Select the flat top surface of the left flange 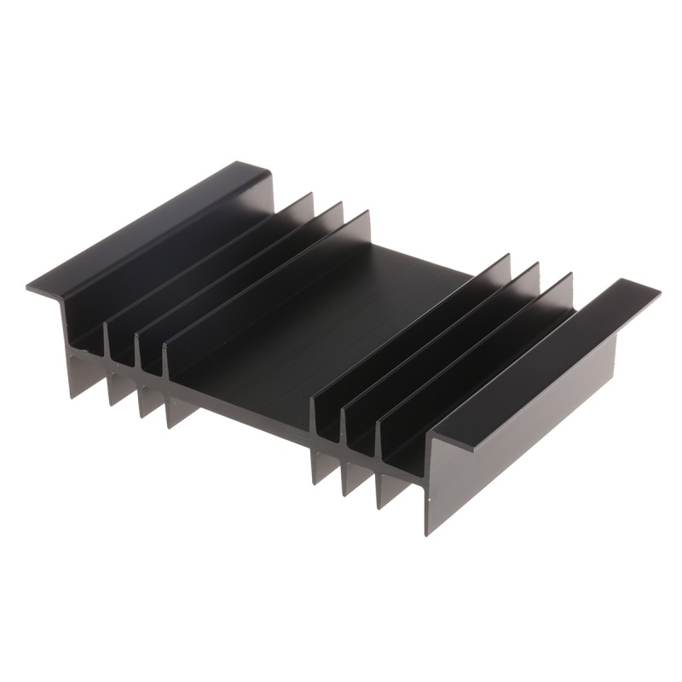145,230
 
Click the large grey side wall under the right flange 520,443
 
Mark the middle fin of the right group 443,341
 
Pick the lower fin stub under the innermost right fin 324,464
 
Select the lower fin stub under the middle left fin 150,401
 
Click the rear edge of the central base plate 426,261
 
